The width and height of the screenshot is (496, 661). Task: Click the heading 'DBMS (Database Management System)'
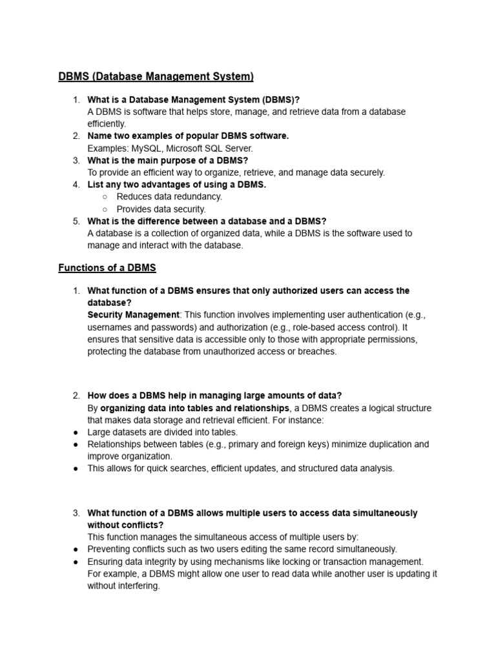(x=156, y=77)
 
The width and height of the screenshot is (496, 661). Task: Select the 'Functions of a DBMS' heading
(x=107, y=267)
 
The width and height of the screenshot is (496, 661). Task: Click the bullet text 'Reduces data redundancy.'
(x=169, y=196)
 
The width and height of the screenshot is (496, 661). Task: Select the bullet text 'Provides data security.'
(x=161, y=209)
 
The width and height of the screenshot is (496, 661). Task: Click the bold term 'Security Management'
(x=133, y=315)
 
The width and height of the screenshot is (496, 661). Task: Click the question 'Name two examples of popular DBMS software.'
(x=188, y=136)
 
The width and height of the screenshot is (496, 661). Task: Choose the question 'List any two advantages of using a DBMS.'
(x=176, y=185)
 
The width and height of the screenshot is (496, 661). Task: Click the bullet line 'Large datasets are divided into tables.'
(x=163, y=432)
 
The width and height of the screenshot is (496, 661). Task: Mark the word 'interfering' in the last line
(x=138, y=586)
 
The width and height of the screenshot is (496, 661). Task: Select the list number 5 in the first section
(x=76, y=221)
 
